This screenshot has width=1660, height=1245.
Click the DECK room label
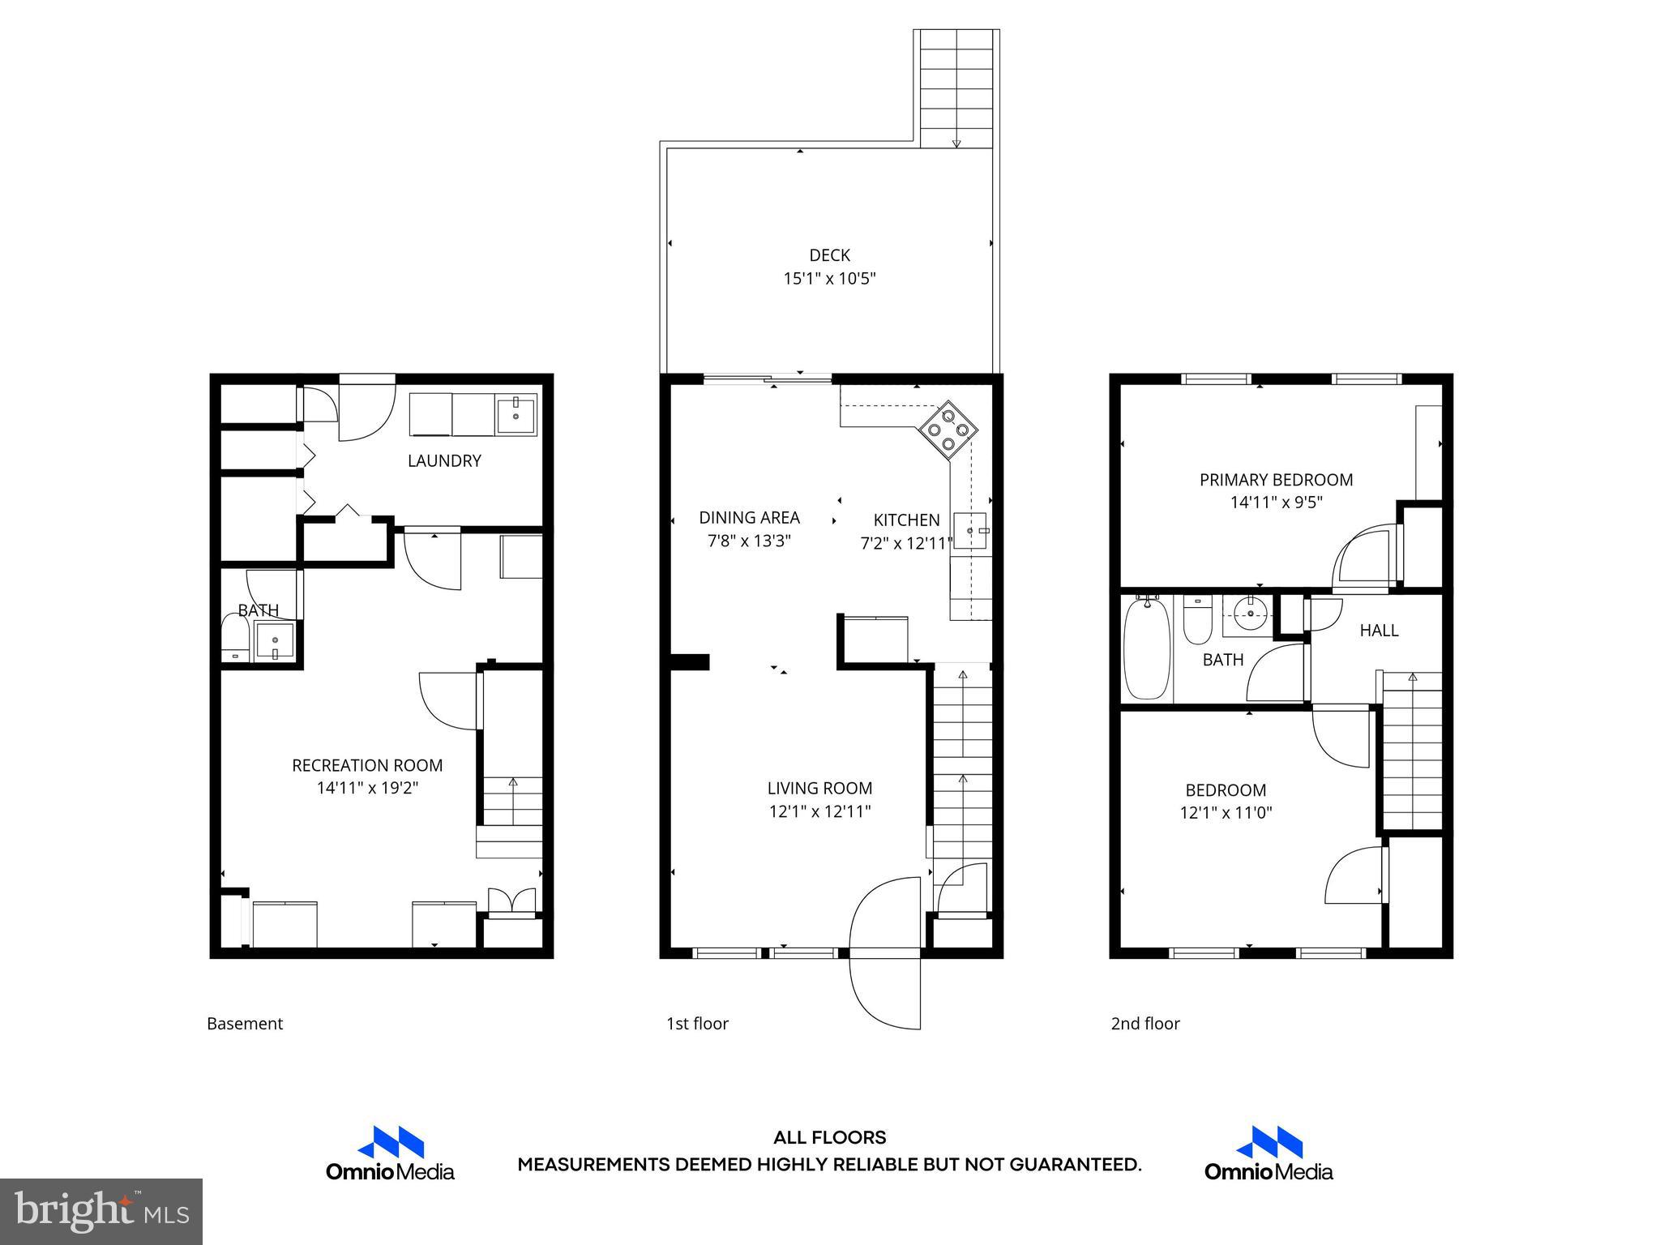coord(829,255)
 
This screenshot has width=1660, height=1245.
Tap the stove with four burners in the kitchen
coord(948,430)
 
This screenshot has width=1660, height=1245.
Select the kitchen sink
coord(971,531)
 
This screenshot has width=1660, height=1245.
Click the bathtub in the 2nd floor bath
coord(1147,648)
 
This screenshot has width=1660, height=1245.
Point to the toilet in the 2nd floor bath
coord(1196,620)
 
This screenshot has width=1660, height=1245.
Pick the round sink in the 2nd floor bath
coord(1250,614)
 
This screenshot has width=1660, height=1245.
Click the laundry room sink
coord(516,414)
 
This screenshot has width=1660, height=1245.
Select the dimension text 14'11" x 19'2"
coord(367,788)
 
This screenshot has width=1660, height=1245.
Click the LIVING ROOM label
coord(819,788)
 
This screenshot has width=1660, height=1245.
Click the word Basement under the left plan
coord(245,1024)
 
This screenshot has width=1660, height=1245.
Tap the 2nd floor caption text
coord(1144,1024)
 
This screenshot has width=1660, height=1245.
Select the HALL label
coord(1379,630)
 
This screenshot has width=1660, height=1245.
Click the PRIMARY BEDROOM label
coord(1276,480)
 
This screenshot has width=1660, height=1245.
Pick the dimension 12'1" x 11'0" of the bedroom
coord(1226,813)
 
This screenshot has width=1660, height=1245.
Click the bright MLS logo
coord(101,1211)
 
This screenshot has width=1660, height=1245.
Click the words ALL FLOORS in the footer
coord(829,1138)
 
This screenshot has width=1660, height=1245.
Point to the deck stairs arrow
coord(956,141)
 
